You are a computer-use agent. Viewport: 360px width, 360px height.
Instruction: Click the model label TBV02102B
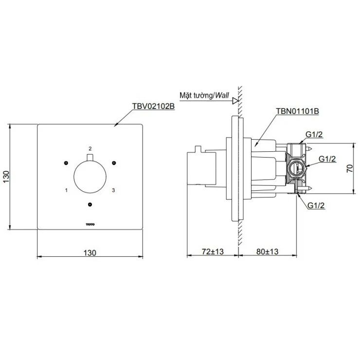point(153,106)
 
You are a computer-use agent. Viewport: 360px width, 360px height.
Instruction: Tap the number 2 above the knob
point(90,147)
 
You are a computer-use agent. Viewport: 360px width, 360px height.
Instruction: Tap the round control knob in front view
point(90,176)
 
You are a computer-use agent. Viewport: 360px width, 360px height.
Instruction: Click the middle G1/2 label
point(327,159)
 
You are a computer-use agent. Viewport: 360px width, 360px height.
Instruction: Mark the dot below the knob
point(90,204)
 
